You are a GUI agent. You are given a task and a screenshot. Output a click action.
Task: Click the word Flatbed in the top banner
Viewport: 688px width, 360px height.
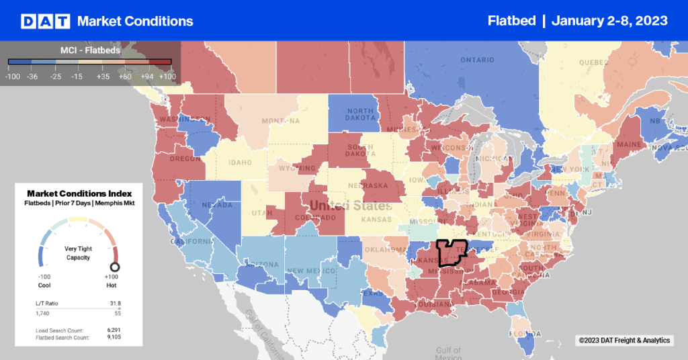511,21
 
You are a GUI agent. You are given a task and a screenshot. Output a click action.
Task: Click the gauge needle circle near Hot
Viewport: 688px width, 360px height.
114,267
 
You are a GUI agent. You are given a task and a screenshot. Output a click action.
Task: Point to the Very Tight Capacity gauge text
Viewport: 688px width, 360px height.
78,253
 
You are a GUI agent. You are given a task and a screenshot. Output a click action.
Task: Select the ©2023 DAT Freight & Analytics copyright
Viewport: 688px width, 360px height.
623,341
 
